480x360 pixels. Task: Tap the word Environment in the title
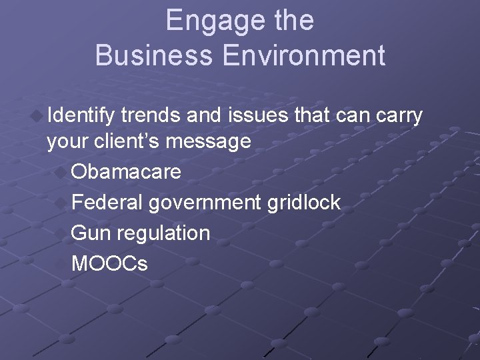pyautogui.click(x=305, y=55)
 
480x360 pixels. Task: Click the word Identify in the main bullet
pyautogui.click(x=81, y=116)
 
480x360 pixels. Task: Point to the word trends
pyautogui.click(x=151, y=115)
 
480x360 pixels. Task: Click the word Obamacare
pyautogui.click(x=126, y=171)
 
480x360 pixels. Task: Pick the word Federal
pyautogui.click(x=107, y=202)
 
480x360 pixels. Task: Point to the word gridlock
pyautogui.click(x=304, y=202)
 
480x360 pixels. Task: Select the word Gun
pyautogui.click(x=91, y=233)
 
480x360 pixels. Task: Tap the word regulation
pyautogui.click(x=163, y=233)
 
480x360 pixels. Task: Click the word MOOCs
pyautogui.click(x=109, y=263)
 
